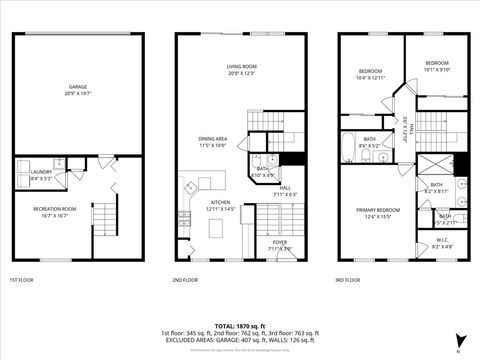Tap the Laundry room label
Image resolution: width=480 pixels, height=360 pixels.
tap(41, 175)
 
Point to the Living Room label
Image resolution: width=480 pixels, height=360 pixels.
tap(241, 69)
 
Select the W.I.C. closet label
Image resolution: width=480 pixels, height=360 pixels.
tap(443, 242)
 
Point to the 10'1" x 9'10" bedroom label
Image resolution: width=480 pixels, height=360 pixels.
tap(437, 67)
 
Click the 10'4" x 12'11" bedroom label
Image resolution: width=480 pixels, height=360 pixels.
tap(371, 74)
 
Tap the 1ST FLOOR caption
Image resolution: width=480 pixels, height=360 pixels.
tap(22, 280)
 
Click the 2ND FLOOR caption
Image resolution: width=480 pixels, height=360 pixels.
tap(185, 280)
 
